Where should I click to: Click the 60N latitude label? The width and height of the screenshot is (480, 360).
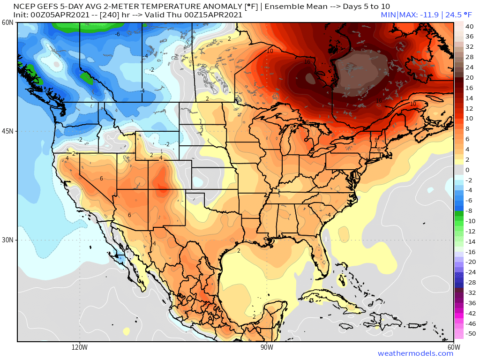[7, 22]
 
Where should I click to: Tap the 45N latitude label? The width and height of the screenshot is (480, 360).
[7, 131]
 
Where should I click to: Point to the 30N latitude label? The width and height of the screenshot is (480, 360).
[7, 240]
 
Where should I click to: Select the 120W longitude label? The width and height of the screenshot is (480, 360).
[80, 347]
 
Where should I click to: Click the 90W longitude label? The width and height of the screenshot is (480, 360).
[267, 347]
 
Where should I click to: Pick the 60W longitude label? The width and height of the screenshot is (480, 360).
[453, 347]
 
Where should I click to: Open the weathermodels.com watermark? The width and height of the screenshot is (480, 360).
[415, 353]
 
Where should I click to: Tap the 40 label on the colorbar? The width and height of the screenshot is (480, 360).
[469, 26]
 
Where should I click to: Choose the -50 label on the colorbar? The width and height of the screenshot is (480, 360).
[469, 334]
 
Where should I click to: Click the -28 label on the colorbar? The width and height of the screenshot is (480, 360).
[469, 282]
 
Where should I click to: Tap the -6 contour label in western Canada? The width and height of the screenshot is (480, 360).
[118, 34]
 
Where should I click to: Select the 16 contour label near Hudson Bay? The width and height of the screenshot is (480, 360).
[307, 62]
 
